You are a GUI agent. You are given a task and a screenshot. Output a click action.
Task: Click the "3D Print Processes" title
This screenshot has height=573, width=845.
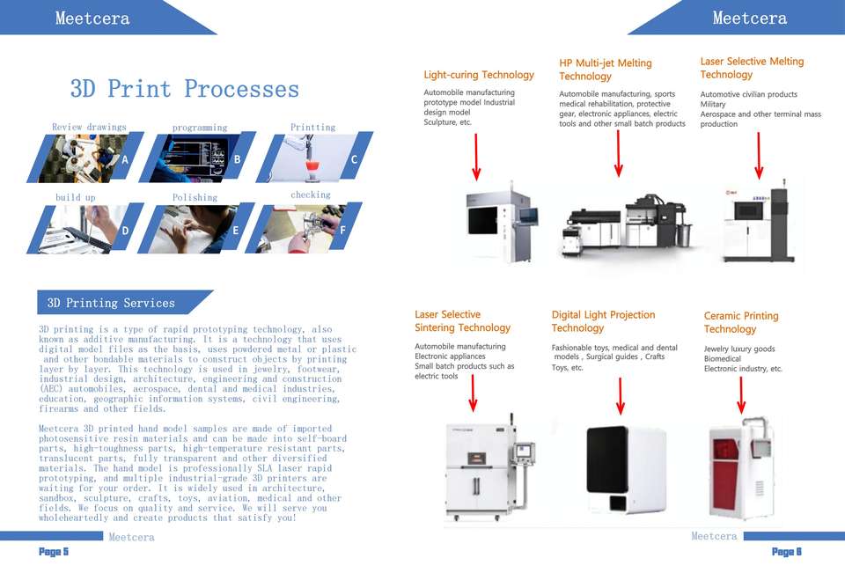(185, 89)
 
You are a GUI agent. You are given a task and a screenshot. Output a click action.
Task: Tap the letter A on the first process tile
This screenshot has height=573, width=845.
(125, 160)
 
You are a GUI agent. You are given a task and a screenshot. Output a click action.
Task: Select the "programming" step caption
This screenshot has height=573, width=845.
(200, 128)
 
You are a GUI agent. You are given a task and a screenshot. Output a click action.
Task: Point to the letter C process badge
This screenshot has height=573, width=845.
(354, 159)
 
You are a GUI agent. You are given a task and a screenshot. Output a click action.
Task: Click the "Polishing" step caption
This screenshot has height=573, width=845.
(195, 197)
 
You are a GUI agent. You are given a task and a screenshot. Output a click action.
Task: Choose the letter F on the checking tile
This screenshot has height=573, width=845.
(342, 231)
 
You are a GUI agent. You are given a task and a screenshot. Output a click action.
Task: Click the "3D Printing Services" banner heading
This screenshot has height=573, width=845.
(111, 303)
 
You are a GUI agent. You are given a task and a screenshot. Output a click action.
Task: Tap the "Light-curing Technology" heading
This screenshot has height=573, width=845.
(479, 75)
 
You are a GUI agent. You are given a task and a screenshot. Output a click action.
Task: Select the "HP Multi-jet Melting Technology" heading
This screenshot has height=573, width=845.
(606, 70)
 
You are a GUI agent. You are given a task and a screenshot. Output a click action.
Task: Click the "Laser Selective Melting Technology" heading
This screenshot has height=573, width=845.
(752, 68)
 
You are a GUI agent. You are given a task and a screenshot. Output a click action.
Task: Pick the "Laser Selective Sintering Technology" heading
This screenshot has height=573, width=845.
(462, 320)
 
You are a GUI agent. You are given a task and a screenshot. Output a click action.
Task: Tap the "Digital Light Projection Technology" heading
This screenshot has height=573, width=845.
(603, 321)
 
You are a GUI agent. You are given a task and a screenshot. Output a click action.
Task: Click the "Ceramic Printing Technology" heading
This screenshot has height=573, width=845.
(741, 322)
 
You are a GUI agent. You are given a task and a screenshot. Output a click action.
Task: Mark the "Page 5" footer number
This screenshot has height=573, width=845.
(53, 552)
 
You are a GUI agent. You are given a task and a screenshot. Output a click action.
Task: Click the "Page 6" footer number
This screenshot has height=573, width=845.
(786, 552)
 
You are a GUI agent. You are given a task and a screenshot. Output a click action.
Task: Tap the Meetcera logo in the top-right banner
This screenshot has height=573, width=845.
(749, 18)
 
